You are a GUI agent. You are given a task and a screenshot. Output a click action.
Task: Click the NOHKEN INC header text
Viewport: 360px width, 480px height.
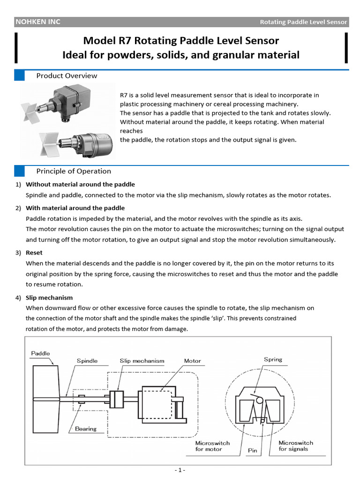[x=38, y=22]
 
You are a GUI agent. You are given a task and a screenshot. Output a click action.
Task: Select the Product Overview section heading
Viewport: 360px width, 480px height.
[x=67, y=76]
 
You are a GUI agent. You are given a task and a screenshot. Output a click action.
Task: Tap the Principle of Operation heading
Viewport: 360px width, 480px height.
[x=74, y=171]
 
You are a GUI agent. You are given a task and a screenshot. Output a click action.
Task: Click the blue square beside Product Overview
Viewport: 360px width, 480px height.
[x=19, y=76]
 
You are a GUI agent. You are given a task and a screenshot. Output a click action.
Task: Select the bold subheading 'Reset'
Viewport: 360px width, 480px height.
[x=34, y=253]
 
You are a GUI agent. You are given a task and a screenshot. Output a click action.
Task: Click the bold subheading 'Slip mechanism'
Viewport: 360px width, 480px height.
[x=49, y=298]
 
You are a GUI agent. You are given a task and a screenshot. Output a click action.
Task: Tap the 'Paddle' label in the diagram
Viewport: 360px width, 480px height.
[x=40, y=353]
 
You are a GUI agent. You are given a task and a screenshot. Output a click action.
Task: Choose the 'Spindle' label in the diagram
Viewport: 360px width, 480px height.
[x=87, y=361]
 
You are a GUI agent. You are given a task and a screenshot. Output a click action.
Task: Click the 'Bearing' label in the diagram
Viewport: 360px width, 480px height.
[x=86, y=428]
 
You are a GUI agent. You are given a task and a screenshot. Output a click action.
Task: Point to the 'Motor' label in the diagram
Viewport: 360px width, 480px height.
[x=192, y=361]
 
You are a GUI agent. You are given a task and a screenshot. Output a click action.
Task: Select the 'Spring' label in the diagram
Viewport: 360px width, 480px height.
[x=273, y=360]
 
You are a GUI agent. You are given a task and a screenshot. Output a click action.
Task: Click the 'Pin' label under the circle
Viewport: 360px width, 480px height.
[x=252, y=450]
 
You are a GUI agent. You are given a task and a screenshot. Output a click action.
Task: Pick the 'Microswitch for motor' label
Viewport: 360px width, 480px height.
[x=212, y=445]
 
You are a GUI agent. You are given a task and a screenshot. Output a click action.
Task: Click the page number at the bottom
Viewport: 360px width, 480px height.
[x=180, y=470]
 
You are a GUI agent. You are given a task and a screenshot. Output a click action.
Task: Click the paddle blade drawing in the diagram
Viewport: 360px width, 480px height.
[x=45, y=398]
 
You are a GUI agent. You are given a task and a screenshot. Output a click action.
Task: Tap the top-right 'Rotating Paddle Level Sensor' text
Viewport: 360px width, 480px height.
[x=303, y=22]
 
